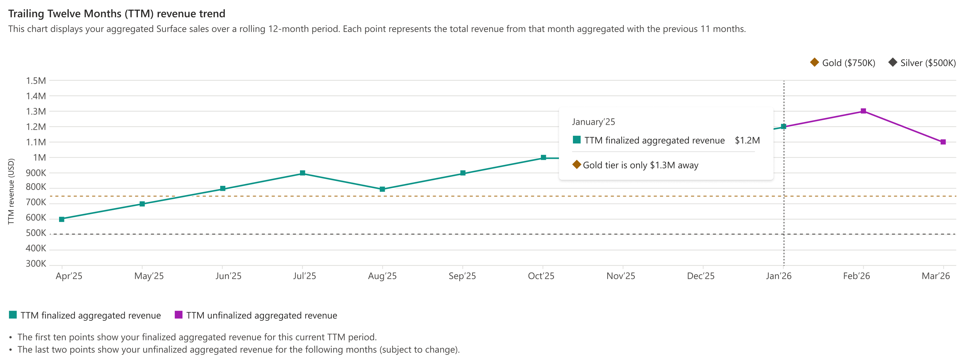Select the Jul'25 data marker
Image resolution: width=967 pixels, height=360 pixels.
coord(303,173)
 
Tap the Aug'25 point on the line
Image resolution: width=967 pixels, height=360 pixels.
coord(382,189)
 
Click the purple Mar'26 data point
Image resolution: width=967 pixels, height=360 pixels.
coord(943,142)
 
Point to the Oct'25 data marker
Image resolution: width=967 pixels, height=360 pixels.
coord(543,158)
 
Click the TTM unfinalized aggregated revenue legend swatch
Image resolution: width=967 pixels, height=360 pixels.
coord(179,315)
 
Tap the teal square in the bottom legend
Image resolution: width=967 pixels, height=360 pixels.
coord(13,315)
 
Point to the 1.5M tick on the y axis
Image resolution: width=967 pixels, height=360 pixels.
coord(36,81)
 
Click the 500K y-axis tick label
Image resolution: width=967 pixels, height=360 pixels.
coord(36,233)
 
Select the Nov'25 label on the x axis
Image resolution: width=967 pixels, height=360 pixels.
coord(621,276)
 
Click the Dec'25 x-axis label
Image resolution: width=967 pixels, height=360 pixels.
coord(700,276)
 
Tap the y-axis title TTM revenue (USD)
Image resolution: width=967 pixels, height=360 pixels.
coord(11,192)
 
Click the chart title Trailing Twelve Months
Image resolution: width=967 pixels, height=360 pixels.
coord(117,14)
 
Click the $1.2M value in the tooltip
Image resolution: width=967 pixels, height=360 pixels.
coord(747,140)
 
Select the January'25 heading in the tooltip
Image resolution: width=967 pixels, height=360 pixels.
coord(593,122)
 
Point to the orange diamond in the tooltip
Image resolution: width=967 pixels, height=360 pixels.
coord(577,164)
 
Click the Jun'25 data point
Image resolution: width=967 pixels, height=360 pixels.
coord(223,189)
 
